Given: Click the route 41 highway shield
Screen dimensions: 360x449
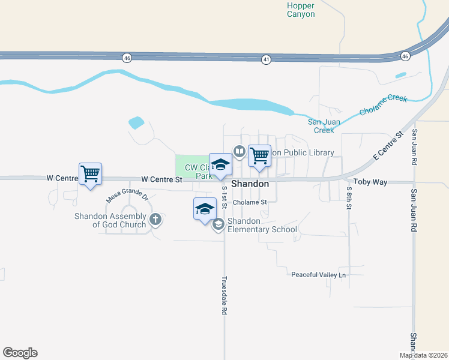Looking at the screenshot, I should coord(266,59).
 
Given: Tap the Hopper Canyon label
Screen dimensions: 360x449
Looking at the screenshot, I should coord(301,10).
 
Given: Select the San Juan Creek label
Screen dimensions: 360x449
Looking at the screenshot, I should coord(324,126).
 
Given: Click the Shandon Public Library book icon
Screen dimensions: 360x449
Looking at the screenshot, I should coord(239,151).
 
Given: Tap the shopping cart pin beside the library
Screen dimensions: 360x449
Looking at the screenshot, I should coord(259,156).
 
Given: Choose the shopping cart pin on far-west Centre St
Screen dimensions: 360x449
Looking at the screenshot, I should coord(90,175).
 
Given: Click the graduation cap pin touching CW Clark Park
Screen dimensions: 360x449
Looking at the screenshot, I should coord(220,165).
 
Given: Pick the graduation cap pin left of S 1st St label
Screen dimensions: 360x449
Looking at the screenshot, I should coord(204,209).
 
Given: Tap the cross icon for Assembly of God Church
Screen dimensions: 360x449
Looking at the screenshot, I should coord(155,219).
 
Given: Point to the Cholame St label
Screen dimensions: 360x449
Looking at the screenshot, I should coord(249,202).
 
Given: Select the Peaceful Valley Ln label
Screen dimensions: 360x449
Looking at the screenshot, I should coord(319,275).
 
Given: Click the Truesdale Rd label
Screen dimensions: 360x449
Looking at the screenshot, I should coord(224,296).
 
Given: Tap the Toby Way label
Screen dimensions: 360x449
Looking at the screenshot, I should coord(370,181).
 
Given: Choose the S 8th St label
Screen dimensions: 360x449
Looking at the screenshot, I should coord(349,197).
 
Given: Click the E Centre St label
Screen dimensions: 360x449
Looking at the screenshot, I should coord(388,146).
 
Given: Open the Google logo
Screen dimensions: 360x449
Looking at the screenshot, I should coord(20,353).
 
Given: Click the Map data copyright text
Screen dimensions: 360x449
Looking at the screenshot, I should coord(424,355).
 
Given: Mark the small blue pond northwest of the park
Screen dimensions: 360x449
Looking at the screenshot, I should coord(136,123).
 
